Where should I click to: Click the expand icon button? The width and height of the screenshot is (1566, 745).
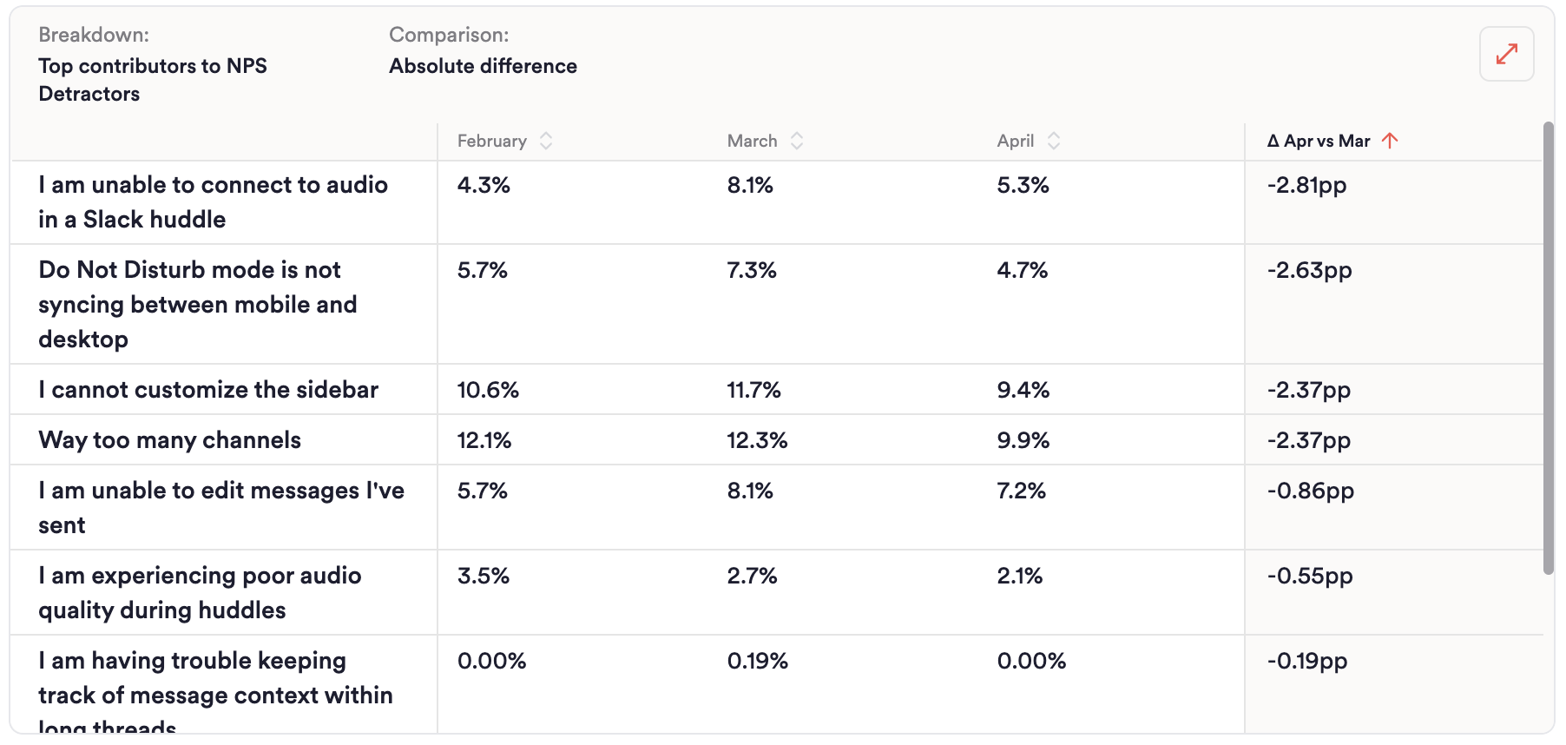pos(1506,54)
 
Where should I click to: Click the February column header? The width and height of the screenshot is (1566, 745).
pos(492,141)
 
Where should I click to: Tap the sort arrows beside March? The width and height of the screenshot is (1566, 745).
pos(797,141)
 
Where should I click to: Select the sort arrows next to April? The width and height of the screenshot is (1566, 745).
pos(1054,141)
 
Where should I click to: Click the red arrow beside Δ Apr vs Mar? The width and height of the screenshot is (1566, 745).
pos(1390,141)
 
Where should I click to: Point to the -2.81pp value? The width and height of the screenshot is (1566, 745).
pos(1306,185)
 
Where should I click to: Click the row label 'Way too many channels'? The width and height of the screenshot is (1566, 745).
pos(170,440)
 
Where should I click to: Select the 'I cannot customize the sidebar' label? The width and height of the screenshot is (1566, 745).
pos(208,390)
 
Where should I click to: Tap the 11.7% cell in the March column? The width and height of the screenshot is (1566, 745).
pos(753,390)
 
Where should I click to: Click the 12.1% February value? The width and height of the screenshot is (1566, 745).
pos(484,440)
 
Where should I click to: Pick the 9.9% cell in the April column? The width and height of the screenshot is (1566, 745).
pos(1023,440)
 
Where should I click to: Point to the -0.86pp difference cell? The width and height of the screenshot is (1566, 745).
pos(1310,491)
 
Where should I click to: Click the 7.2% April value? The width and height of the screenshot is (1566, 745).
pos(1021,491)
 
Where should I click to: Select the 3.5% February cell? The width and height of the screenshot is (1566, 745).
pos(483,576)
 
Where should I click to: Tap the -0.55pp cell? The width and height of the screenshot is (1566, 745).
pos(1310,576)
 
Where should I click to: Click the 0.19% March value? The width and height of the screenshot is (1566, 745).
pos(757,661)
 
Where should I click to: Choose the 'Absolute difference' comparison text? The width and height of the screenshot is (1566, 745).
pos(483,66)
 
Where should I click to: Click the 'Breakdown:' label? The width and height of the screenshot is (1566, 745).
pos(94,35)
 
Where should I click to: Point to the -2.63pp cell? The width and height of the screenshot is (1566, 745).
pos(1309,270)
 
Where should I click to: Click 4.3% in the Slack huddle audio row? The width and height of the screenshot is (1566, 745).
pos(484,185)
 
